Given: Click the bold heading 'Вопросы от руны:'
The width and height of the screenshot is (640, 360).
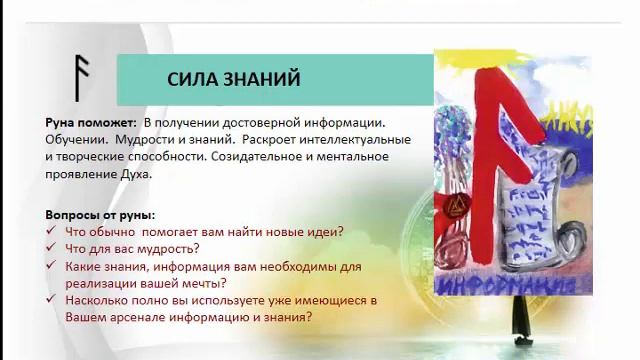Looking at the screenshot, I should [100, 215].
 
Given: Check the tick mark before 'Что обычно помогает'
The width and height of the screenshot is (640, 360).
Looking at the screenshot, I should [52, 232].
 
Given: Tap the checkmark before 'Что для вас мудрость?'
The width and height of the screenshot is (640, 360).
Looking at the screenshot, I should [52, 249].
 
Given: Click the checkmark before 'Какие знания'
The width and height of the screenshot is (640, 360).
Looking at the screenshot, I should [52, 267].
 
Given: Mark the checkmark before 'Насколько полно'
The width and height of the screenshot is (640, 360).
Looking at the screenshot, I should [52, 301].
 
